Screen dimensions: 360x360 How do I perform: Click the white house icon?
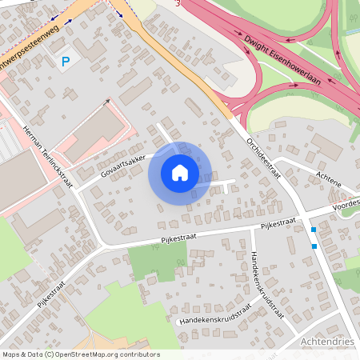180,172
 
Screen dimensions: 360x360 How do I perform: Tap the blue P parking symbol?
66,60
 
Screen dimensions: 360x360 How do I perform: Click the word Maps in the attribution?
12,354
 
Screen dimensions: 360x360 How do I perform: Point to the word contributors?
142,354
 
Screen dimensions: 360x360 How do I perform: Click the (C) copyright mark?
50,354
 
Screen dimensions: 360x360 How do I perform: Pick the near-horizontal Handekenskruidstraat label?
214,314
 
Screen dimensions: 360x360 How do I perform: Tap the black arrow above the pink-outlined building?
107,102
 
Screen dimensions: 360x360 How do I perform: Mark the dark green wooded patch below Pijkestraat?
158,262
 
